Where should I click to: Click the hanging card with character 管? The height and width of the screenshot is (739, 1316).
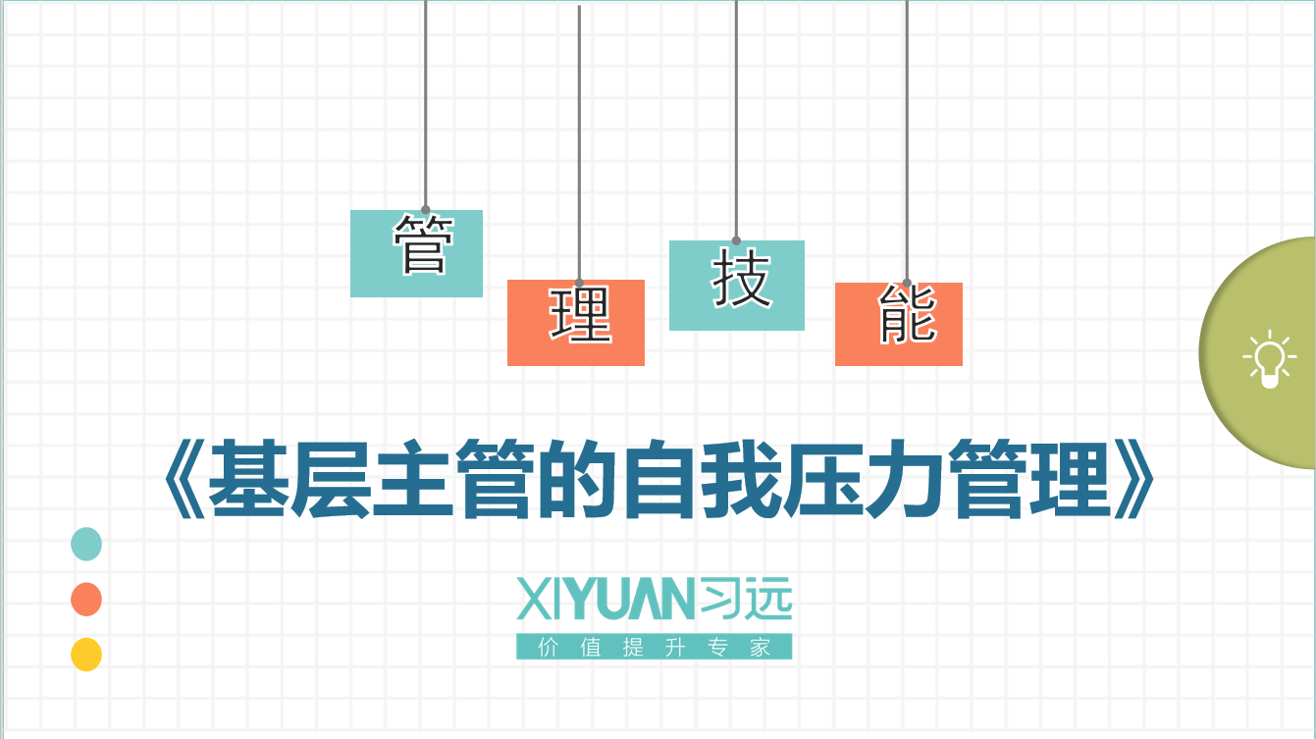point(416,253)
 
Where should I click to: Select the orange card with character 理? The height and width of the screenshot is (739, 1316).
point(576,323)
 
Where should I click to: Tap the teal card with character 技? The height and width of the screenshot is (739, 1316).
point(737,285)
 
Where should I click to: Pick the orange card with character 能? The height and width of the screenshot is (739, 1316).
point(899,324)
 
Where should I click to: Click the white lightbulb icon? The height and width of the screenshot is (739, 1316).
point(1269,358)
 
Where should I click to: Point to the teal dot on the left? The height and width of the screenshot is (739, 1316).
point(86,544)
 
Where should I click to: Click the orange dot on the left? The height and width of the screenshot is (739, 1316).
point(86,600)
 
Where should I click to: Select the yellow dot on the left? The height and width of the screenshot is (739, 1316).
point(86,655)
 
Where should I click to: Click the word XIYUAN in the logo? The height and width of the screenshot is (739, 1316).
point(605,599)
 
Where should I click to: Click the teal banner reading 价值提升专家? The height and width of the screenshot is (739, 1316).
point(654,647)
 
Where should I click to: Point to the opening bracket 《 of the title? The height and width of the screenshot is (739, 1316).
point(184,478)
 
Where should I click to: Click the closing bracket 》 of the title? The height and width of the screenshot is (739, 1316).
point(1134,478)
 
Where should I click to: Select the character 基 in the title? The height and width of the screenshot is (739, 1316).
point(249,478)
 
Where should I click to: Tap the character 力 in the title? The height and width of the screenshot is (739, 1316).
point(907,478)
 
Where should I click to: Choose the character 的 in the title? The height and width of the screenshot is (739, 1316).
point(578,478)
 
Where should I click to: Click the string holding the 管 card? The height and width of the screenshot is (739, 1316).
point(425,105)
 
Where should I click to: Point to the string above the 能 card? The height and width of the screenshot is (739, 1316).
point(907,141)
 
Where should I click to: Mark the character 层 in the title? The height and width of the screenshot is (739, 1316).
point(332,478)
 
